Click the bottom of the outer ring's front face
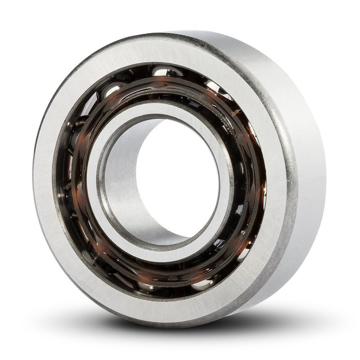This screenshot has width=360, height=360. pyautogui.click(x=166, y=310)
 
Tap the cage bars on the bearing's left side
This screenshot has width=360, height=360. pyautogui.click(x=72, y=180)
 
